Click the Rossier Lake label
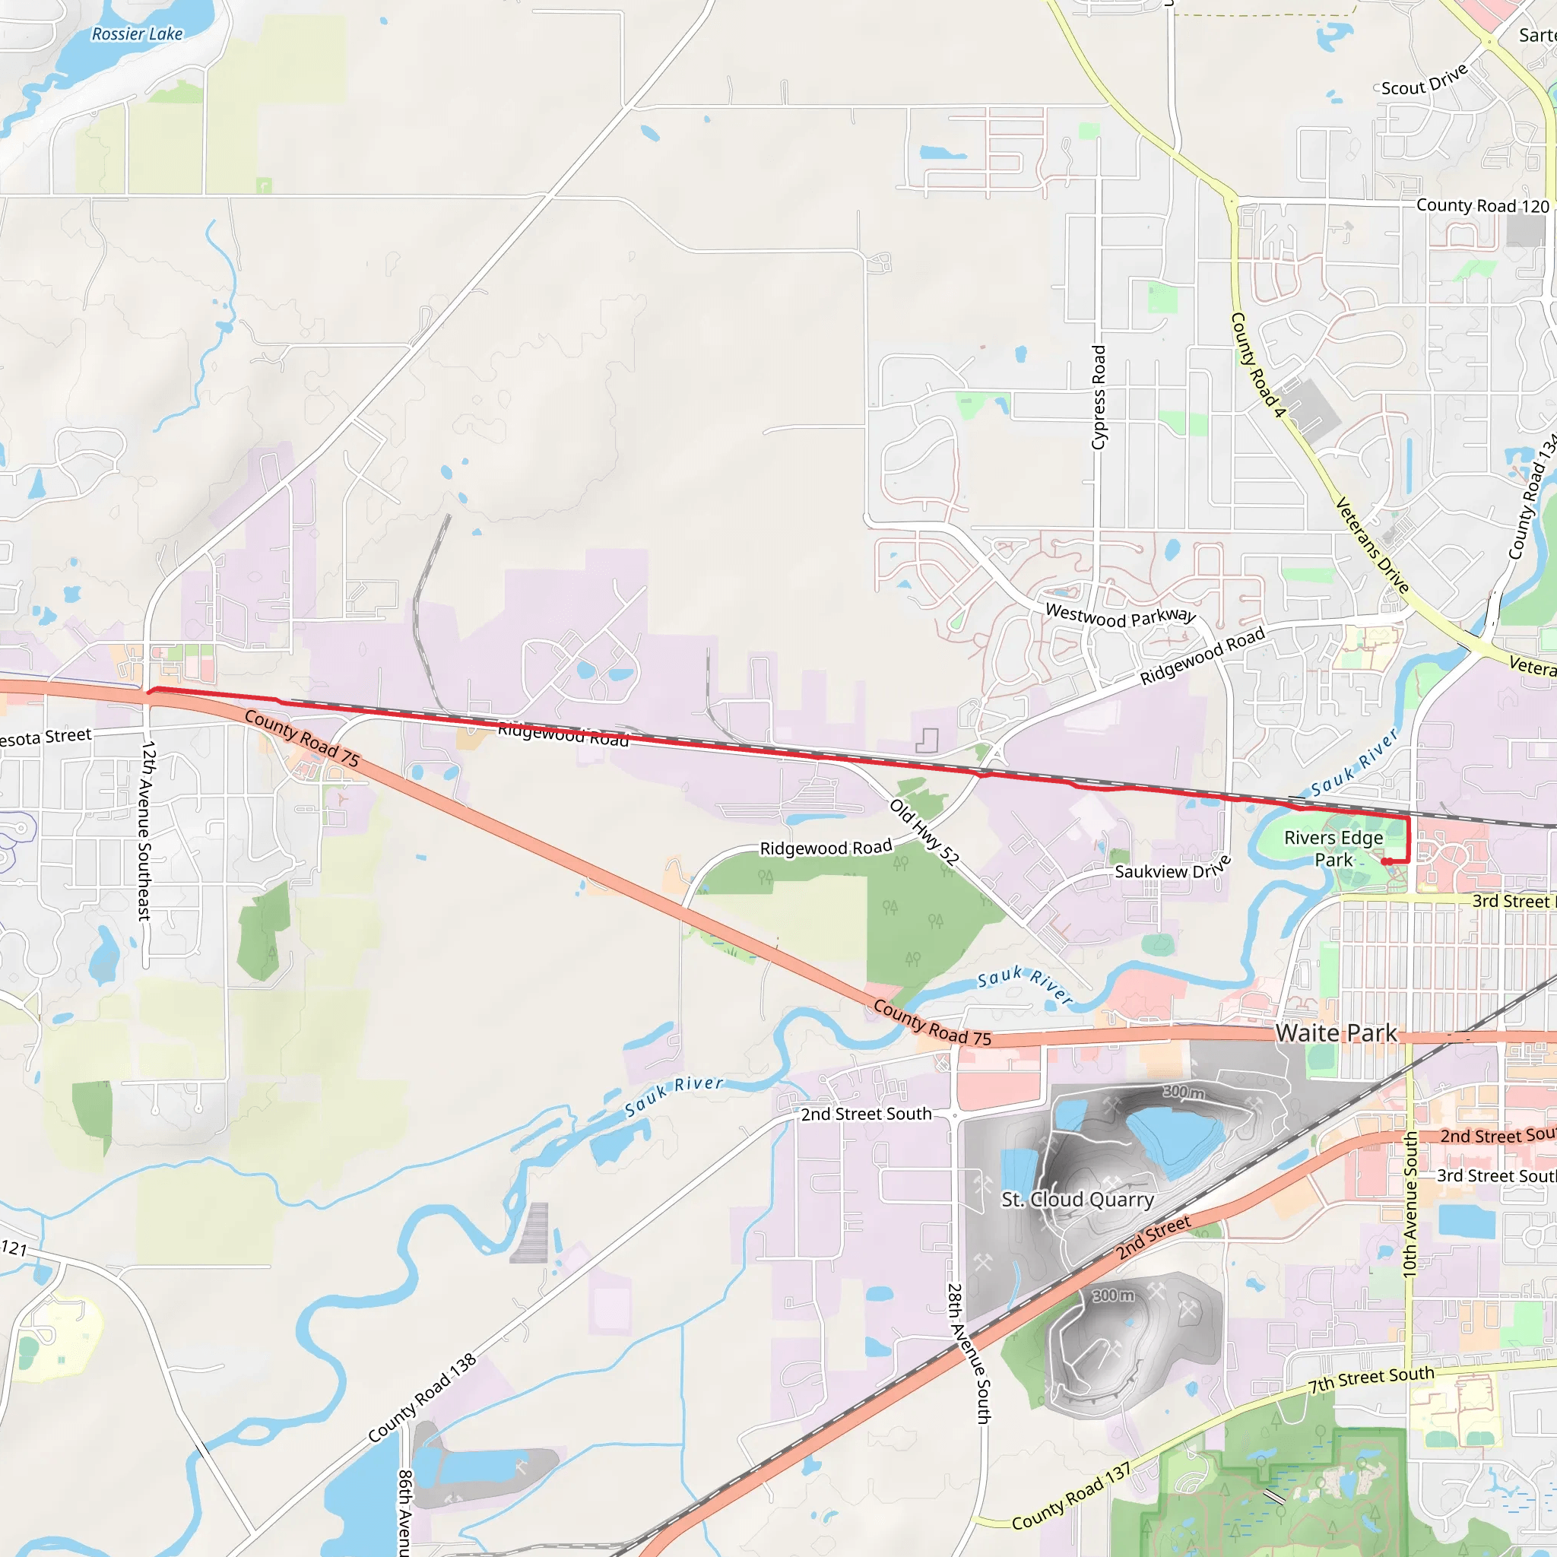point(137,34)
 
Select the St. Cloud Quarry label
point(1077,1199)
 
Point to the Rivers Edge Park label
point(1333,848)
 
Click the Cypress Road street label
point(1099,398)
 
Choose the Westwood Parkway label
point(1120,617)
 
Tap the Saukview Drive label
point(1172,868)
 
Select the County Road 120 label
point(1482,206)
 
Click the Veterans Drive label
point(1371,546)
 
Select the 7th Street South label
point(1371,1380)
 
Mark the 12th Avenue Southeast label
point(146,830)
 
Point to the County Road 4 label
point(1257,365)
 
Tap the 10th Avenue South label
point(1410,1205)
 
